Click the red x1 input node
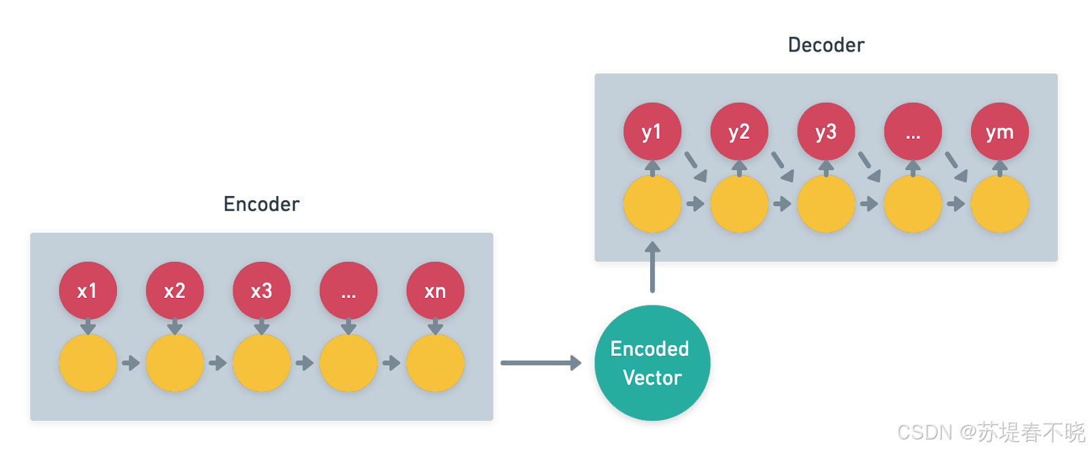(x=88, y=290)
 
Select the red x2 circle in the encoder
(x=175, y=290)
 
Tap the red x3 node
(x=262, y=290)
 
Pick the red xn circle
(x=435, y=290)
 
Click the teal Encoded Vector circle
(x=651, y=363)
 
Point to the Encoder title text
(x=262, y=204)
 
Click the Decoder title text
(x=826, y=45)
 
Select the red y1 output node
(x=652, y=131)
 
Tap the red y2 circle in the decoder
(x=739, y=131)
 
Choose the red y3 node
(x=826, y=131)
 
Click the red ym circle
(x=1000, y=131)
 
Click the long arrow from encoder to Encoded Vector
(x=540, y=363)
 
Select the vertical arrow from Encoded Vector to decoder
(x=653, y=267)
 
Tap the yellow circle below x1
(x=88, y=363)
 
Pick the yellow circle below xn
(x=435, y=363)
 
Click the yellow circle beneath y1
(x=652, y=203)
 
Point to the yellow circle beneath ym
(x=1000, y=203)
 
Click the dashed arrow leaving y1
(x=695, y=167)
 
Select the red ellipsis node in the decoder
(x=913, y=131)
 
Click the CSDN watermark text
(x=989, y=431)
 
